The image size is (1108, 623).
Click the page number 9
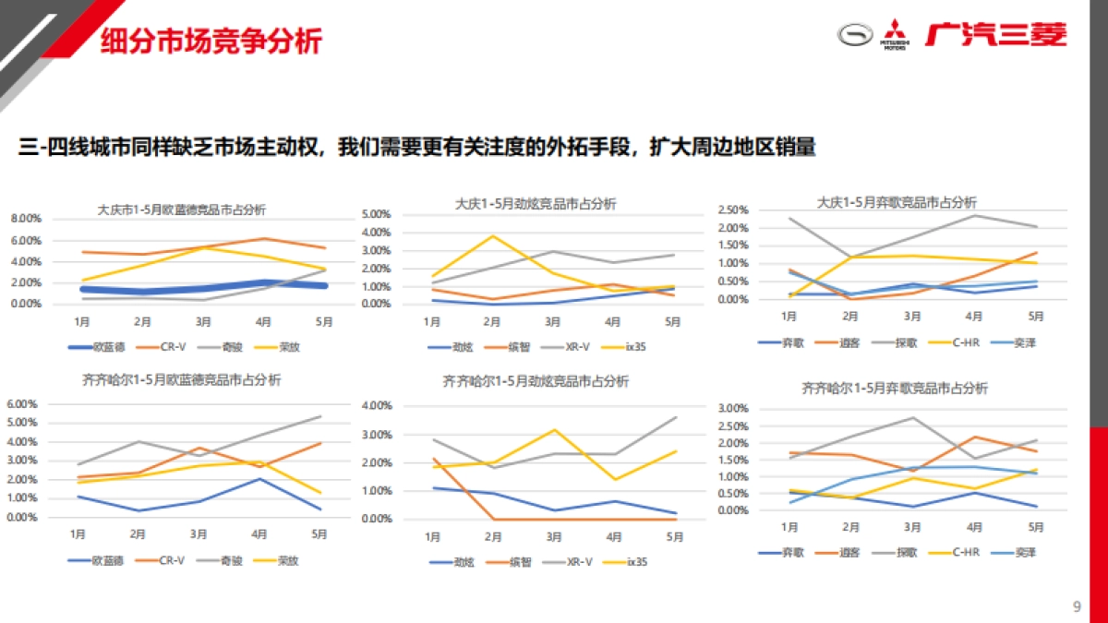(1077, 606)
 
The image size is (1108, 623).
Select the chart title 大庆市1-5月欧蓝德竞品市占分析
(181, 210)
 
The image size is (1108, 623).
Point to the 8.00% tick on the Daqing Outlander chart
(25, 219)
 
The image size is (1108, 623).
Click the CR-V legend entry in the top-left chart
(166, 348)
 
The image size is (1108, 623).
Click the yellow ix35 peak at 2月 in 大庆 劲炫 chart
(492, 236)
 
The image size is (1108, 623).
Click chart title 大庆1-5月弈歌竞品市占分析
(897, 202)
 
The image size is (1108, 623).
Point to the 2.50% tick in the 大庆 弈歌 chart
(735, 210)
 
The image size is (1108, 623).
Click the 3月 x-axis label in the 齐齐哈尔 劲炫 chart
(552, 537)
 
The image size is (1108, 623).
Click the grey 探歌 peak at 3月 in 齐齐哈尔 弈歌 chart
(913, 417)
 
